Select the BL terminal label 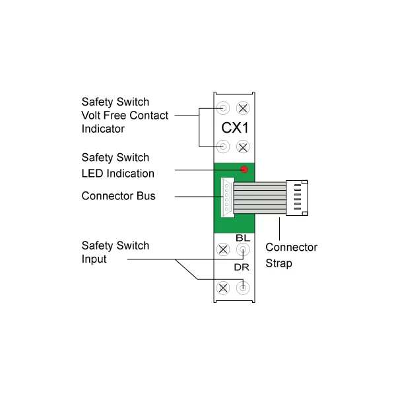point(242,237)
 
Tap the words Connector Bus point(118,196)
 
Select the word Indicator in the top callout point(103,129)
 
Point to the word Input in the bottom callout point(94,259)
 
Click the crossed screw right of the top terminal point(243,108)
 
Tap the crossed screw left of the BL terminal point(224,250)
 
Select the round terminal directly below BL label point(243,250)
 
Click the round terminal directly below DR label point(243,287)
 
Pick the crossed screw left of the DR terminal point(224,287)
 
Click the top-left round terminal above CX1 point(224,108)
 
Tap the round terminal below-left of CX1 point(224,145)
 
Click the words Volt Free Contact point(125,115)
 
